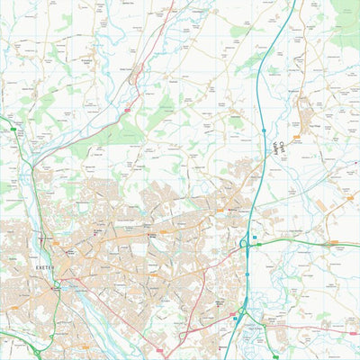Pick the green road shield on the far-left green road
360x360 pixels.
[13, 130]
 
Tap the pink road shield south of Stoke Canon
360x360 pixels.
[126, 110]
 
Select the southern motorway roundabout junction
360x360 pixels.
[241, 312]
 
